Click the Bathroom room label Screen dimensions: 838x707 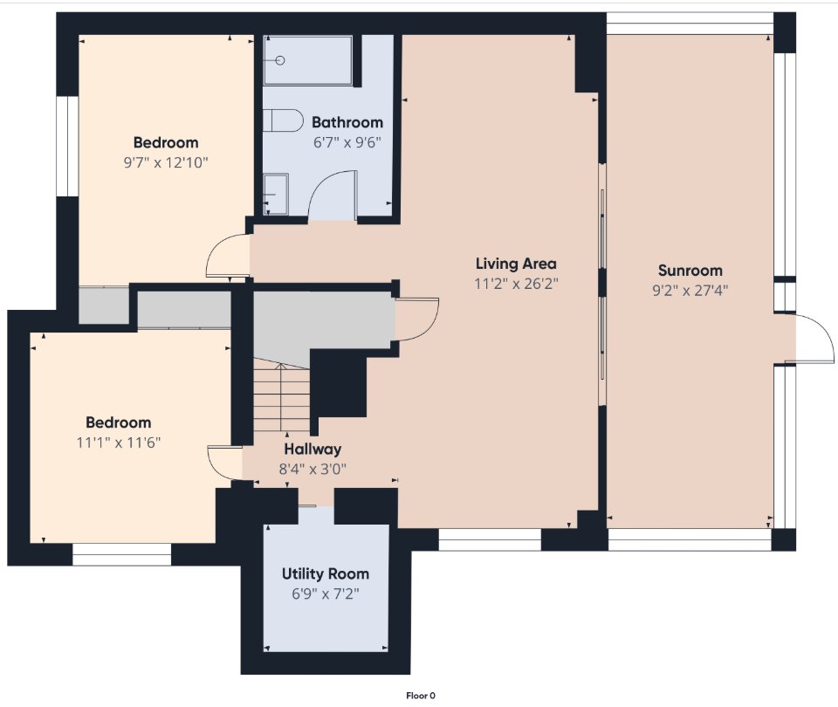(347, 122)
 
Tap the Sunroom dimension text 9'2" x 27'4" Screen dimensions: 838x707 (690, 290)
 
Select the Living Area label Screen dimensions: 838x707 (516, 264)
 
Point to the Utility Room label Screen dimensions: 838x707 (326, 574)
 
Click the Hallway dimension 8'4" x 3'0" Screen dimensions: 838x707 (313, 470)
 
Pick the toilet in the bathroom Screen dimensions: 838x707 (283, 120)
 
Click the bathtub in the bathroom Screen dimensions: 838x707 (308, 60)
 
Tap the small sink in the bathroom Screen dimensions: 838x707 (276, 194)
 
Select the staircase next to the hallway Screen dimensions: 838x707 (281, 395)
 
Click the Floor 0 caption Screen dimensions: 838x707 (421, 696)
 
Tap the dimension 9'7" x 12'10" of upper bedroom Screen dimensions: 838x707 (166, 162)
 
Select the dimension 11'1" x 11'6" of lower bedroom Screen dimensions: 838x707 (119, 443)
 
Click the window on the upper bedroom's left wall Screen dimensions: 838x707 (68, 146)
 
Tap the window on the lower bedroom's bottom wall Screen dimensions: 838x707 (122, 559)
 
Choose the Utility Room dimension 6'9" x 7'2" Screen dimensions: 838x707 (326, 594)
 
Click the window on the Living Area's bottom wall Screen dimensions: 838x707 (490, 539)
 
